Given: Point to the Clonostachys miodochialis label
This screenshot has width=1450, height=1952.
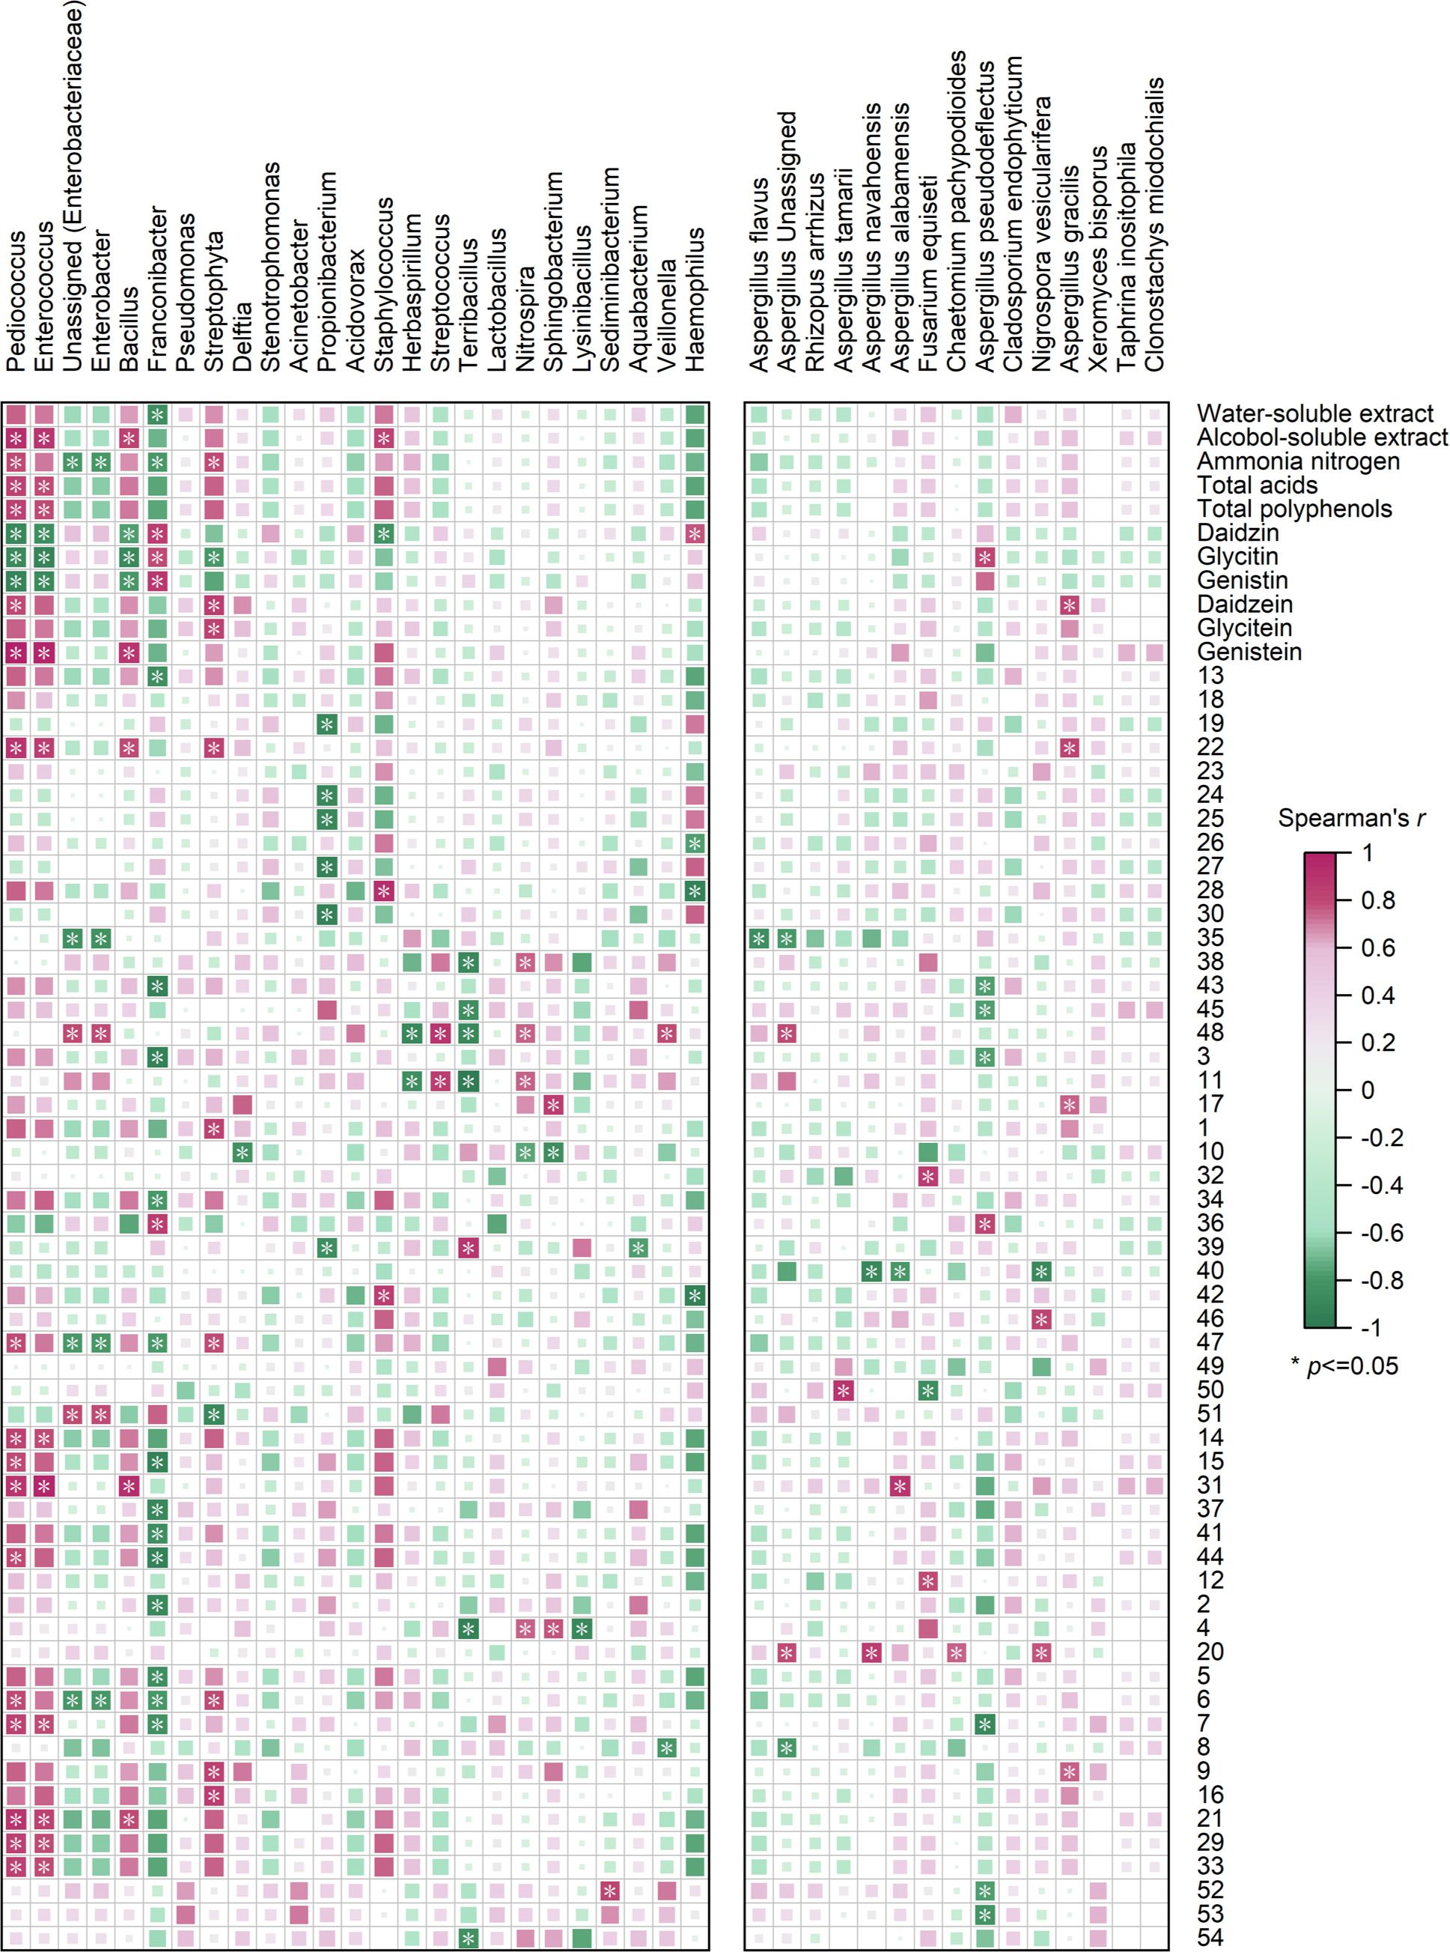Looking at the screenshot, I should pyautogui.click(x=1155, y=224).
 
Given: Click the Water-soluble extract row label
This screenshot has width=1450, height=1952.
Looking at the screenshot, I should pyautogui.click(x=1315, y=413).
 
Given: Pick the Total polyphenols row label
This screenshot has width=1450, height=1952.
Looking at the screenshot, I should pyautogui.click(x=1294, y=509).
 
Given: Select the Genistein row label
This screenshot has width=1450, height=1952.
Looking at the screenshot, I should pyautogui.click(x=1249, y=652).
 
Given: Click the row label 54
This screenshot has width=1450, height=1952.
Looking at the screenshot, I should pyautogui.click(x=1210, y=1938).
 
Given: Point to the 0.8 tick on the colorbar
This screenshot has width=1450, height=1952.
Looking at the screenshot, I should pyautogui.click(x=1377, y=900).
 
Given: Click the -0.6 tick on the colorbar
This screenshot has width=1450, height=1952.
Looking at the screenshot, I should pyautogui.click(x=1380, y=1233).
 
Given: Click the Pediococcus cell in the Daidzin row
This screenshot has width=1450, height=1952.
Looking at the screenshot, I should pyautogui.click(x=16, y=533).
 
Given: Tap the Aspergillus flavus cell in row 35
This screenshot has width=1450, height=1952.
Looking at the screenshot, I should pyautogui.click(x=759, y=939).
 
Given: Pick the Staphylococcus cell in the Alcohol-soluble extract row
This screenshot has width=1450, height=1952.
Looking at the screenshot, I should pyautogui.click(x=383, y=438).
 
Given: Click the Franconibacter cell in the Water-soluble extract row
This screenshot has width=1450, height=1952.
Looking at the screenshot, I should pyautogui.click(x=157, y=414).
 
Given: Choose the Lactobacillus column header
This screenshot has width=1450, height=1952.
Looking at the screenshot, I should pyautogui.click(x=497, y=299).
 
